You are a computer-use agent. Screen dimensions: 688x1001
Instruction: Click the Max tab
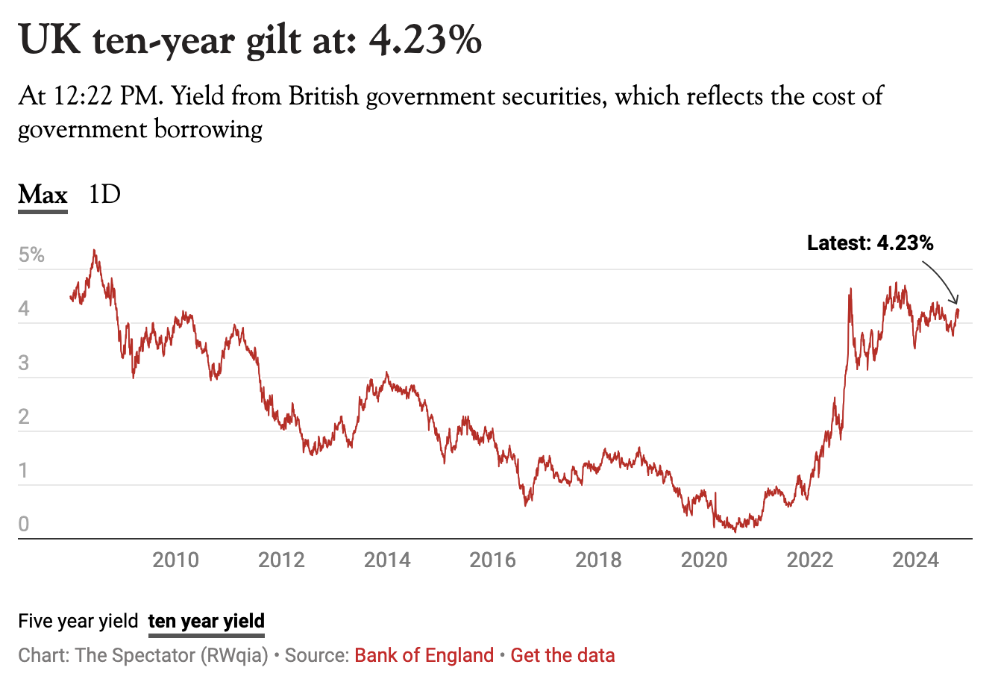coord(43,196)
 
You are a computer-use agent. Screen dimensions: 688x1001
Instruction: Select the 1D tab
coord(104,196)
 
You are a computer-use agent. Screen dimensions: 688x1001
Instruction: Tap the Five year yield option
coord(78,621)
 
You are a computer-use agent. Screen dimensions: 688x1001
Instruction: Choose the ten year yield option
coord(206,621)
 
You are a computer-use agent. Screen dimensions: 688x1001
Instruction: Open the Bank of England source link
coord(424,656)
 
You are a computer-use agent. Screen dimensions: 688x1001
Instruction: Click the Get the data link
coord(563,656)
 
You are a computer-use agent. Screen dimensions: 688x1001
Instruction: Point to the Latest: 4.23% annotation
coord(870,243)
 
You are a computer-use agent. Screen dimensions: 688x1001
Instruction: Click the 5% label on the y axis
coord(32,256)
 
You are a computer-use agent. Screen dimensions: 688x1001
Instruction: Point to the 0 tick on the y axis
coord(24,525)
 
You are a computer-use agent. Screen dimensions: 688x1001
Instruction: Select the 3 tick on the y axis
coord(24,363)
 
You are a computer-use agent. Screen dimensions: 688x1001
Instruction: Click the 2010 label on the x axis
coord(176,560)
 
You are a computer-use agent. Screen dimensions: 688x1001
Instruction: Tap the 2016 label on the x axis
coord(492,560)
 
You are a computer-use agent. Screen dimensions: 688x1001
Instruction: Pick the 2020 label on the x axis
coord(704,560)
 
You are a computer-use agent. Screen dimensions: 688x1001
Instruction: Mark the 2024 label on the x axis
coord(915,560)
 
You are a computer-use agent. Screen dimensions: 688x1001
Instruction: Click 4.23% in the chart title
coord(426,40)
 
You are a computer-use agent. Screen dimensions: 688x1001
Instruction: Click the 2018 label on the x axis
coord(598,560)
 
